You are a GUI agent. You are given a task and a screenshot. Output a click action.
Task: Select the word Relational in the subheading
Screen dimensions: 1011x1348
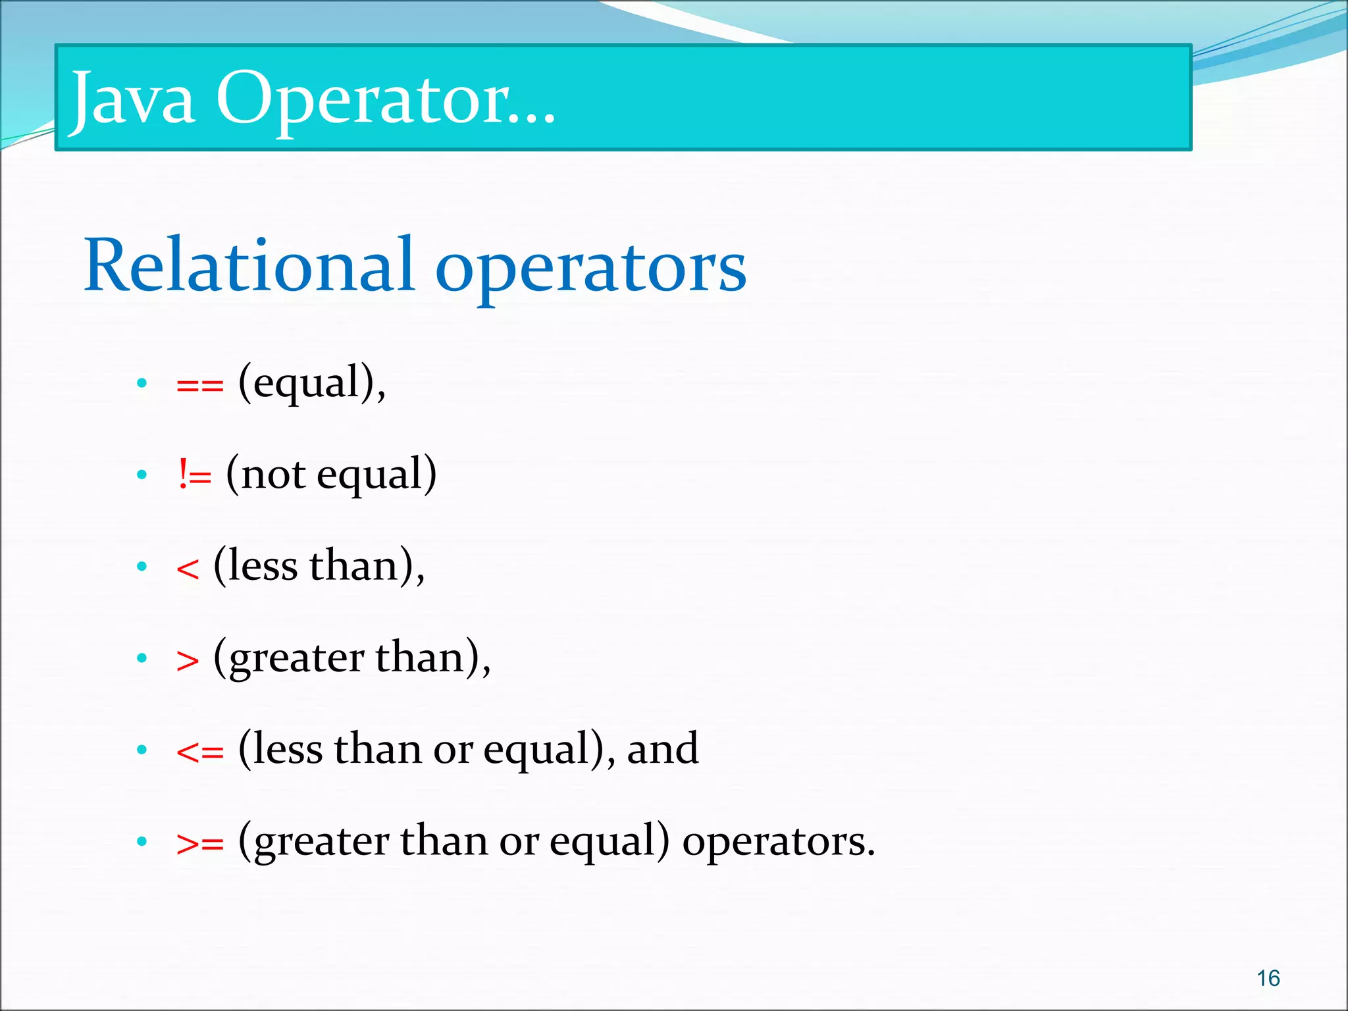click(x=249, y=266)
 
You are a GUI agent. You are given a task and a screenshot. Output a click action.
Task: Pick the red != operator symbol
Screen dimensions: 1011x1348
click(x=194, y=475)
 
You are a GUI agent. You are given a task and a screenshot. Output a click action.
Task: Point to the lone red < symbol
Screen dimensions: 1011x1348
click(x=188, y=568)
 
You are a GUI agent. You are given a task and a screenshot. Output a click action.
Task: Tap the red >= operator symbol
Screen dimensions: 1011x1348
click(x=200, y=843)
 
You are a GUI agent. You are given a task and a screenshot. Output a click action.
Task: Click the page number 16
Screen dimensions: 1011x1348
click(x=1268, y=978)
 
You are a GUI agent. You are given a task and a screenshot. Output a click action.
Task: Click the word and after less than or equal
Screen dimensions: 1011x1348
click(x=662, y=749)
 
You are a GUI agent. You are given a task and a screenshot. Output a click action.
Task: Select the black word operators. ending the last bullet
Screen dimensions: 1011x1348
click(x=779, y=842)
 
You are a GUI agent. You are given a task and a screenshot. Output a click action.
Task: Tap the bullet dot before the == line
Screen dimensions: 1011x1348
click(x=142, y=383)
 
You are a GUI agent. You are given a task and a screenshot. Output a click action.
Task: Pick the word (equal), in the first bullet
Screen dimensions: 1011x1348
click(x=312, y=383)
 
